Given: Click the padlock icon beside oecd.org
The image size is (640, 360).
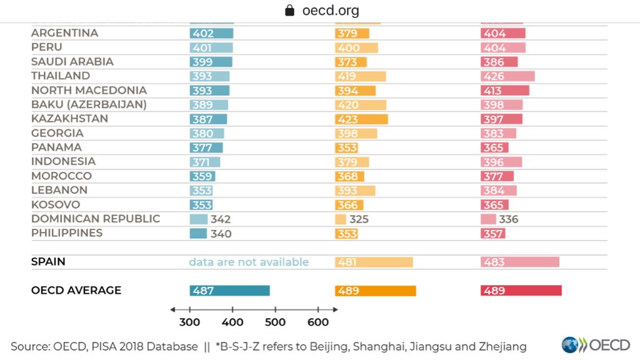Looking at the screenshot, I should pyautogui.click(x=289, y=11).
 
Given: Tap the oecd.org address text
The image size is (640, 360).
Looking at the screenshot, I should pyautogui.click(x=330, y=11).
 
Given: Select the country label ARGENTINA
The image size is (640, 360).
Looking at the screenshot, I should pyautogui.click(x=64, y=33).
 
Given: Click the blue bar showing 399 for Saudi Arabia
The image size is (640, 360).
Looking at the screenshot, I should pyautogui.click(x=211, y=62).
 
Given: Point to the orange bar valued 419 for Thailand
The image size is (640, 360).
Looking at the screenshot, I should pyautogui.click(x=360, y=76).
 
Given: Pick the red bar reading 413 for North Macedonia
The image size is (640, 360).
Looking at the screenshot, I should pyautogui.click(x=504, y=91).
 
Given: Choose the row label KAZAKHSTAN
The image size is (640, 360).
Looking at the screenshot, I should pyautogui.click(x=69, y=119).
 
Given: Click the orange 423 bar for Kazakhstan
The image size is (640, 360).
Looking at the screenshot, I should pyautogui.click(x=361, y=119).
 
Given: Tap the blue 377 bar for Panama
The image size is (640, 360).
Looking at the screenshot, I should pyautogui.click(x=206, y=147).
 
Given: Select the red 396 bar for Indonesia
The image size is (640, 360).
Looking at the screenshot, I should pyautogui.click(x=501, y=162).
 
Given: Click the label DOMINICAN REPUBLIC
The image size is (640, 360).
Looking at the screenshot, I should pyautogui.click(x=96, y=219).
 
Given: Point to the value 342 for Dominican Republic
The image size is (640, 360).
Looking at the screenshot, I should pyautogui.click(x=221, y=219).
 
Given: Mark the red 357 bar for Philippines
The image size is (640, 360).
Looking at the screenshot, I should pyautogui.click(x=492, y=234).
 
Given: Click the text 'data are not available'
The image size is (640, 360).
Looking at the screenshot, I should pyautogui.click(x=249, y=262).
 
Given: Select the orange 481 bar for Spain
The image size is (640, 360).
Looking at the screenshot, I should pyautogui.click(x=374, y=262).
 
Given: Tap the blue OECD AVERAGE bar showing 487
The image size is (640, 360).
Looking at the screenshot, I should pyautogui.click(x=229, y=291).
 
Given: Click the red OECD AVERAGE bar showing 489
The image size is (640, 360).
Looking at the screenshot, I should pyautogui.click(x=521, y=291).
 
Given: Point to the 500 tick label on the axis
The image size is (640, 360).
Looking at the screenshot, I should pyautogui.click(x=275, y=322).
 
